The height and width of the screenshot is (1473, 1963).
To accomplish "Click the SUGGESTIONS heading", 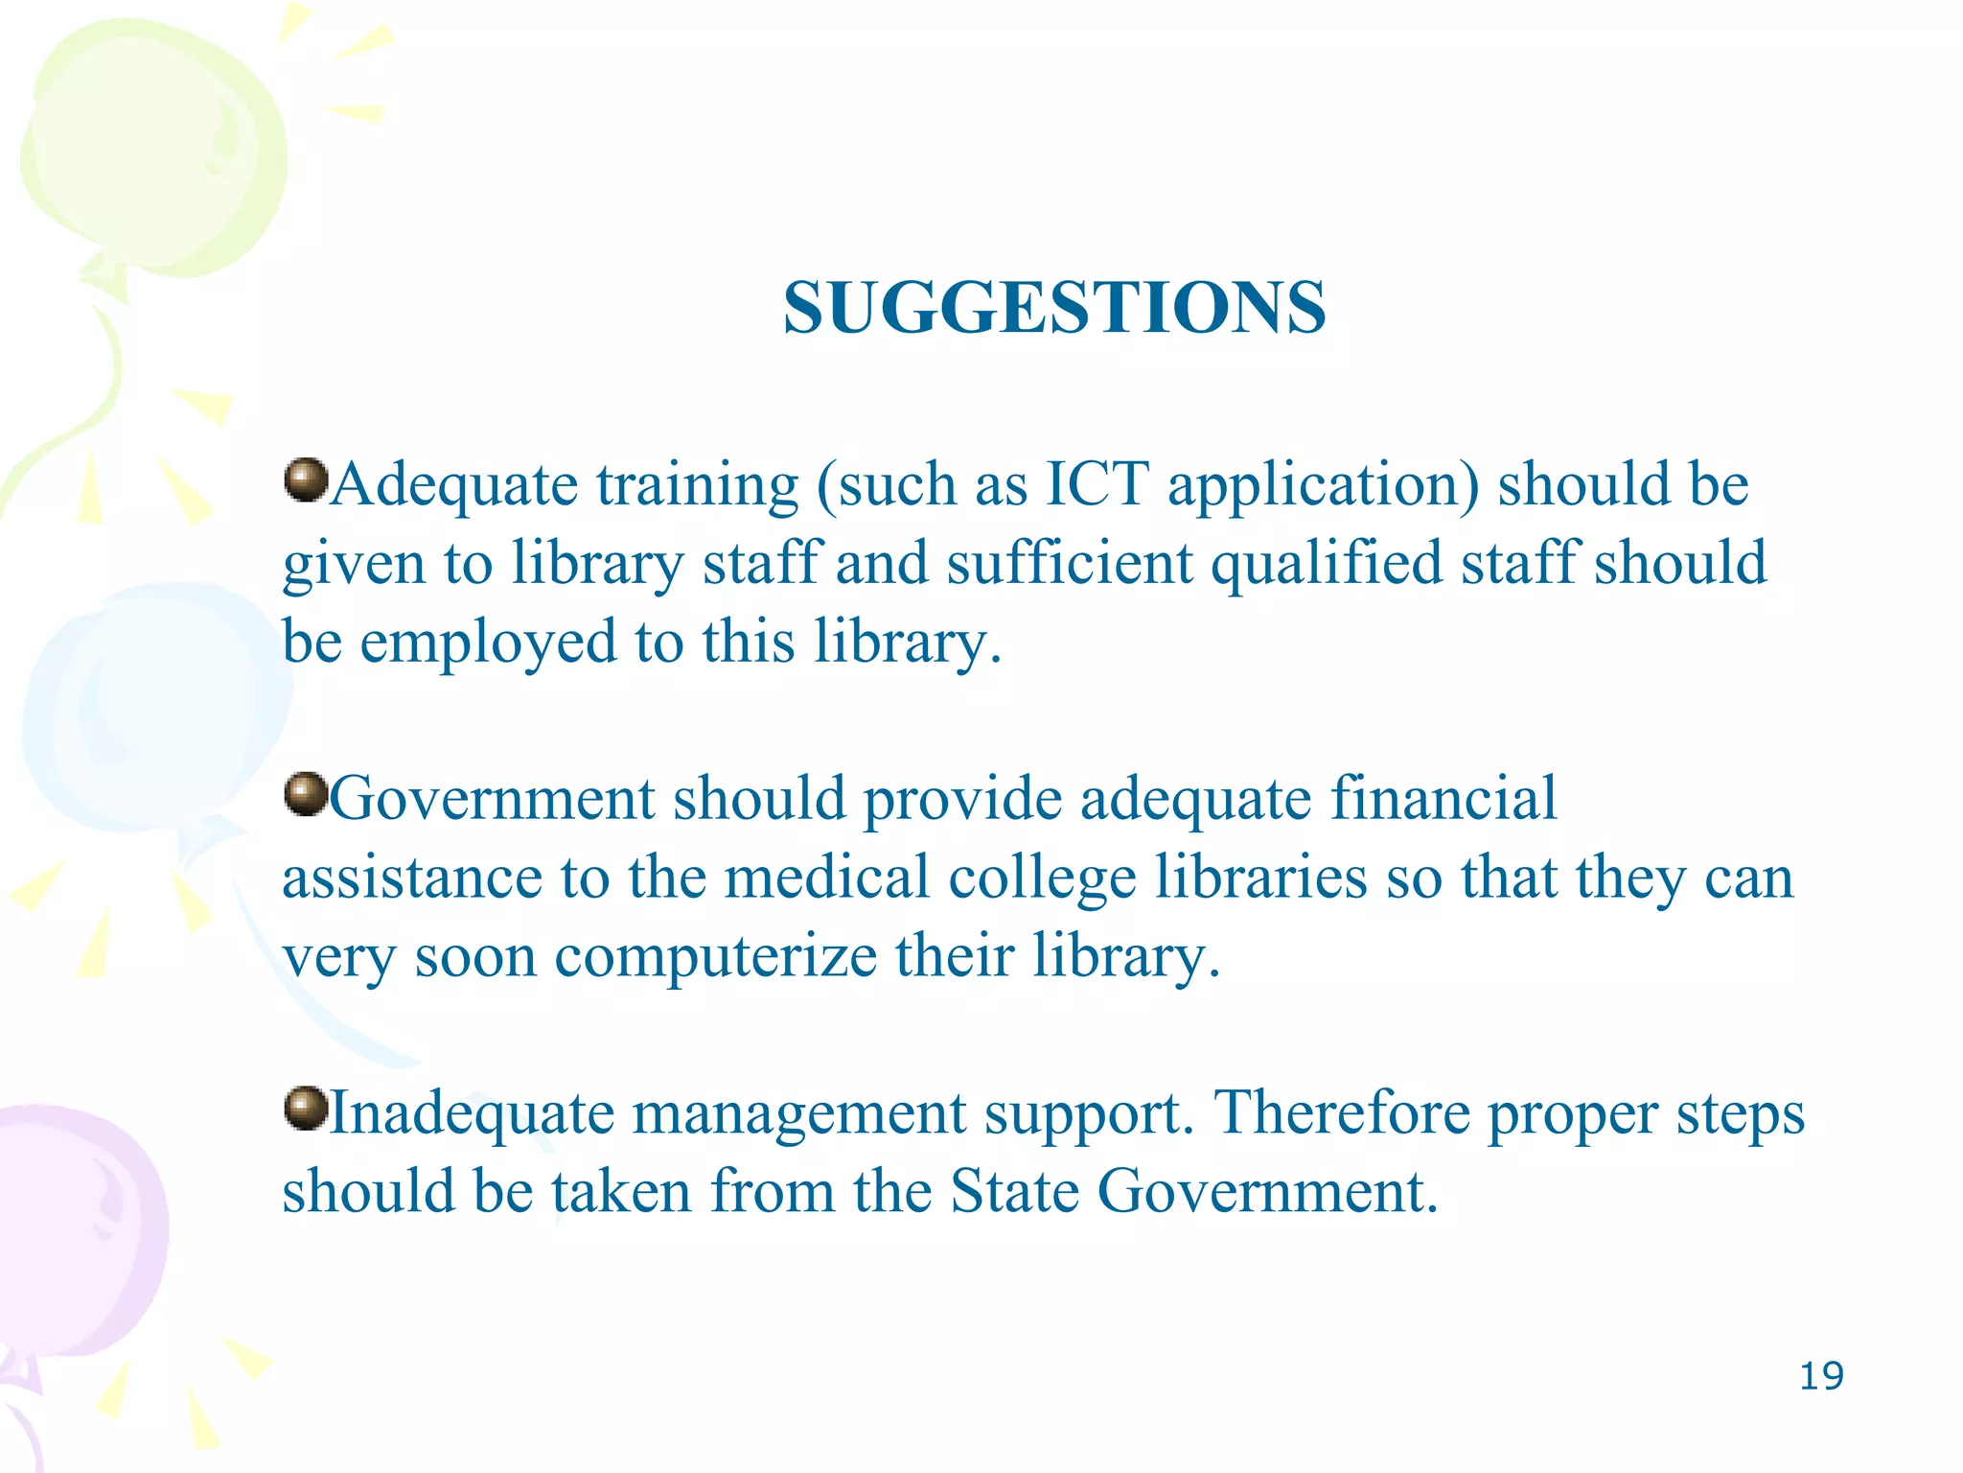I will [1054, 308].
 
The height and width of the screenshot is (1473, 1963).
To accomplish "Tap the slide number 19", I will [1821, 1376].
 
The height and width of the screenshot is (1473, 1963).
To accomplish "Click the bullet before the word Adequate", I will [307, 479].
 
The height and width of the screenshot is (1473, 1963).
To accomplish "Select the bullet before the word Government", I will [307, 794].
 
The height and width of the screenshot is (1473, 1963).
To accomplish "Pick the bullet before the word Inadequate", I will [307, 1109].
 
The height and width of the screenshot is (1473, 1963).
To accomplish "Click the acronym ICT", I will [1097, 483].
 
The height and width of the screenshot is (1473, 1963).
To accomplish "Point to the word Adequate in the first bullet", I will [454, 483].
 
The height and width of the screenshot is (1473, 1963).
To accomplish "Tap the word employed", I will [488, 643].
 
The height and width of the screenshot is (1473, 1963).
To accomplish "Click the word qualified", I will [1327, 564].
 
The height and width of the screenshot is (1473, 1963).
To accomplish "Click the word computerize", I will [715, 956].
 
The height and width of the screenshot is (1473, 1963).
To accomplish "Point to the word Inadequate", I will [472, 1113].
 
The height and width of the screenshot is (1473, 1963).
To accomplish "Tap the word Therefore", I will [1342, 1113].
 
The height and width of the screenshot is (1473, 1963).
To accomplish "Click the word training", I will [698, 485].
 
